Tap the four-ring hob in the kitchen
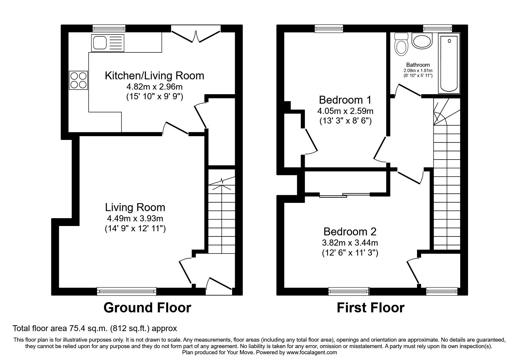point(79,80)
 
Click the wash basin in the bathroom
point(422,41)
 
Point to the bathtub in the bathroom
point(449,63)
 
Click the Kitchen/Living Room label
point(154,76)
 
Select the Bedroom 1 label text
point(345,100)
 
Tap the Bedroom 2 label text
point(350,232)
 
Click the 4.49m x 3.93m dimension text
point(135,218)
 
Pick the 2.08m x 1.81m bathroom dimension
point(418,71)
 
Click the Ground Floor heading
point(147,308)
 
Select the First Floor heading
point(370,308)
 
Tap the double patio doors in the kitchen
point(195,35)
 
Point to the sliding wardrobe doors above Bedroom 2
point(345,195)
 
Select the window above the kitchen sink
point(109,28)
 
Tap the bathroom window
point(438,28)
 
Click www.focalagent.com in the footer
point(312,352)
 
